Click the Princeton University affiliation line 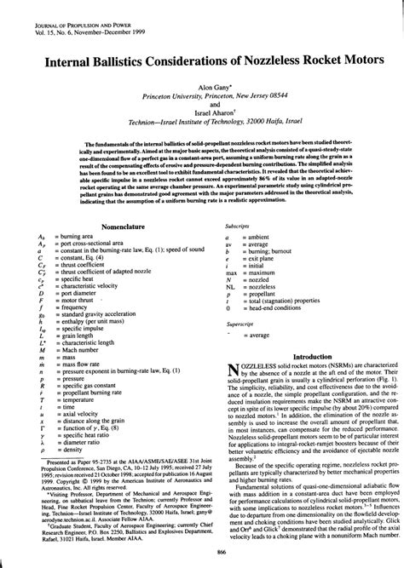[202, 97]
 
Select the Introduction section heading [304, 356]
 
